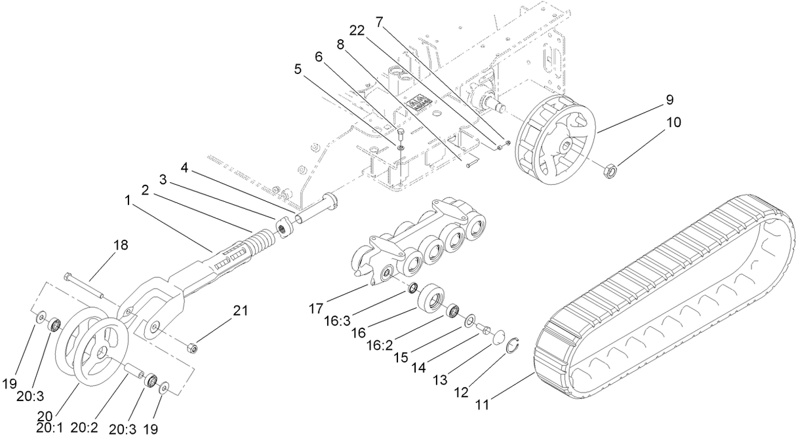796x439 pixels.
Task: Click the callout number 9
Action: pos(669,100)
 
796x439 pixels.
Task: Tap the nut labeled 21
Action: pos(193,347)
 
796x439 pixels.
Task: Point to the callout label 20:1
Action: pos(50,429)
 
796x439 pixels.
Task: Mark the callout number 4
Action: pos(185,167)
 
